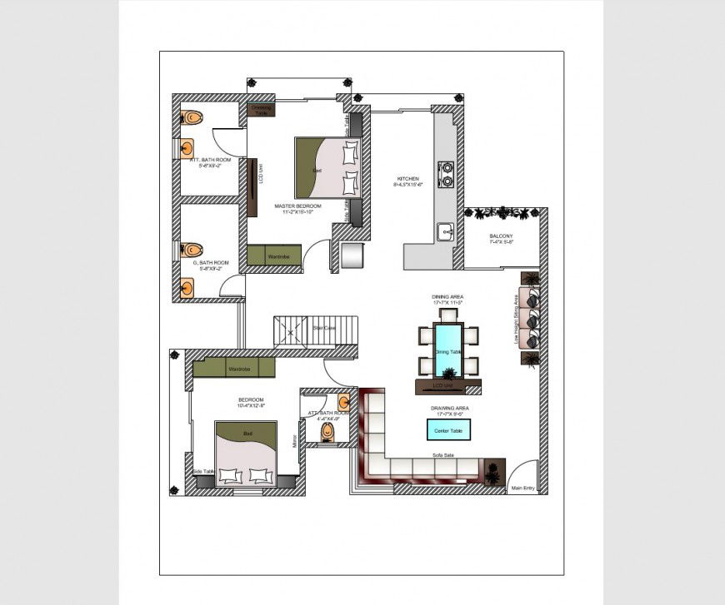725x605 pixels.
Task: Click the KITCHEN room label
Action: coord(408,179)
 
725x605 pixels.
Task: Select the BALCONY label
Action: coord(501,236)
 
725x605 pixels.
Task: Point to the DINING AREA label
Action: coord(447,297)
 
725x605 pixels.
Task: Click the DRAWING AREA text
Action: coord(449,409)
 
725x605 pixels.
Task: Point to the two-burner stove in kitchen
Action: coord(447,172)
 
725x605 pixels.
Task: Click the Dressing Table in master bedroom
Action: coord(262,108)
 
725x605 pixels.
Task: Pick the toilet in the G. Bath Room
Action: coord(192,249)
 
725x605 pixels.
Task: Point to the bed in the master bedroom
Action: coord(327,168)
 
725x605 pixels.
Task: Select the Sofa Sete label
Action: coord(442,455)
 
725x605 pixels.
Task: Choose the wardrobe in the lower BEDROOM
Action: coord(235,368)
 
